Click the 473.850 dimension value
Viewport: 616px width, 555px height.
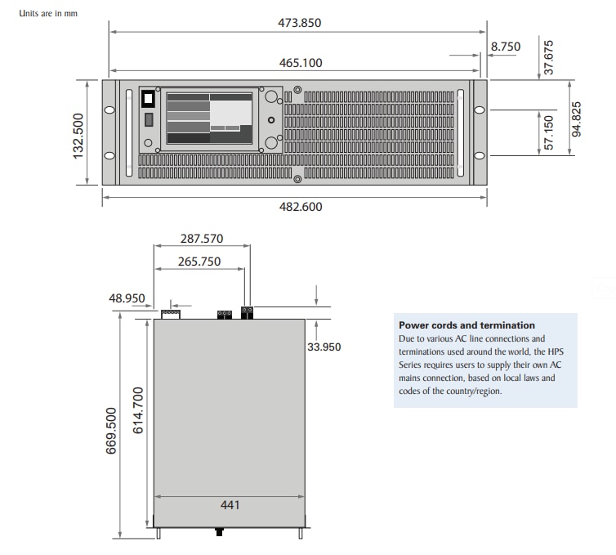click(x=300, y=23)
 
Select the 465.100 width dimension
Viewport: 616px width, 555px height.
click(x=300, y=63)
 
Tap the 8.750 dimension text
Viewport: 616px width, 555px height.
click(x=505, y=47)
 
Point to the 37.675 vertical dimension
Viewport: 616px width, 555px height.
click(x=549, y=57)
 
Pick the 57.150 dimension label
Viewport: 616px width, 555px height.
click(x=549, y=132)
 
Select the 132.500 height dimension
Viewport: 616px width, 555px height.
click(x=79, y=137)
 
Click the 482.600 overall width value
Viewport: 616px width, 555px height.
click(x=300, y=207)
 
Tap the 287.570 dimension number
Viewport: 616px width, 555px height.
click(x=201, y=239)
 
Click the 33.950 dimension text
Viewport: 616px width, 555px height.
click(x=324, y=347)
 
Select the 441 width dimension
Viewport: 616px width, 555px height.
click(x=230, y=505)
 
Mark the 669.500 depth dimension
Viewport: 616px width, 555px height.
click(x=112, y=430)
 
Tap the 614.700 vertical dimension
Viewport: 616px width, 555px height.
click(x=138, y=410)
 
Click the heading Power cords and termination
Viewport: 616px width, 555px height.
click(x=466, y=325)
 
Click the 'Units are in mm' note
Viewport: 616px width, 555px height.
click(x=48, y=14)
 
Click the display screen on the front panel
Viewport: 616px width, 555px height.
click(x=210, y=118)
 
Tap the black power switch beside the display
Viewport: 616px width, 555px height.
click(x=149, y=99)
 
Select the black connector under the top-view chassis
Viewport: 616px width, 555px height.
click(x=219, y=532)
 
